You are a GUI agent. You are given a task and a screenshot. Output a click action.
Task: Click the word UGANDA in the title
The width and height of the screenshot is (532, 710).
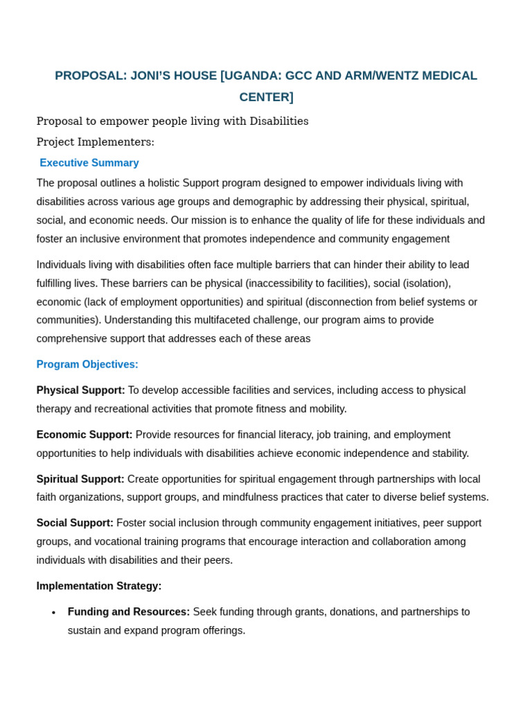click(x=252, y=76)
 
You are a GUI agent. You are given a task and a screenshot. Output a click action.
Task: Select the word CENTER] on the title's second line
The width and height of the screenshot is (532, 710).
click(x=266, y=97)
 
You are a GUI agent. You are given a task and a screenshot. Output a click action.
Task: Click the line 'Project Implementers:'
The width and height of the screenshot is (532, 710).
click(x=96, y=142)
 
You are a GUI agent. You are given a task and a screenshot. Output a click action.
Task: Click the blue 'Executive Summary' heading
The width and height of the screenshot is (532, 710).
click(x=89, y=163)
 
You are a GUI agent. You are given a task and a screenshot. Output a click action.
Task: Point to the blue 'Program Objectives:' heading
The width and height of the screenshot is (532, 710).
click(x=87, y=365)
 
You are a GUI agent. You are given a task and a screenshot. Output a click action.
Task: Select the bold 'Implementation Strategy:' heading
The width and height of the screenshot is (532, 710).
click(x=99, y=586)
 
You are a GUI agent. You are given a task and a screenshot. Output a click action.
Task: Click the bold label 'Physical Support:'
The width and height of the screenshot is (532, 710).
click(x=81, y=390)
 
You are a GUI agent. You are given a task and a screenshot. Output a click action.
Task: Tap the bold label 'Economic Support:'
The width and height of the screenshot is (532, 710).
click(x=85, y=435)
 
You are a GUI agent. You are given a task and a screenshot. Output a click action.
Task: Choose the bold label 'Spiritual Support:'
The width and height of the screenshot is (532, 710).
click(x=80, y=479)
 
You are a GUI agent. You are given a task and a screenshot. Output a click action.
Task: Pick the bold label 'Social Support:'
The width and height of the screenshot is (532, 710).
click(x=75, y=523)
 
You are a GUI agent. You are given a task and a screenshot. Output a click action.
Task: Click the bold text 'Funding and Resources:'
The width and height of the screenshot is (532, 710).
click(x=129, y=612)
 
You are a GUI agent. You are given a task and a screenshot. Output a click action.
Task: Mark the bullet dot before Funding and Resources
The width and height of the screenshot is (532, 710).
click(x=54, y=613)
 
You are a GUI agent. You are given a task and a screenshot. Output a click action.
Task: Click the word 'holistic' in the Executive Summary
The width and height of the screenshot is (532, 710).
click(x=160, y=183)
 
